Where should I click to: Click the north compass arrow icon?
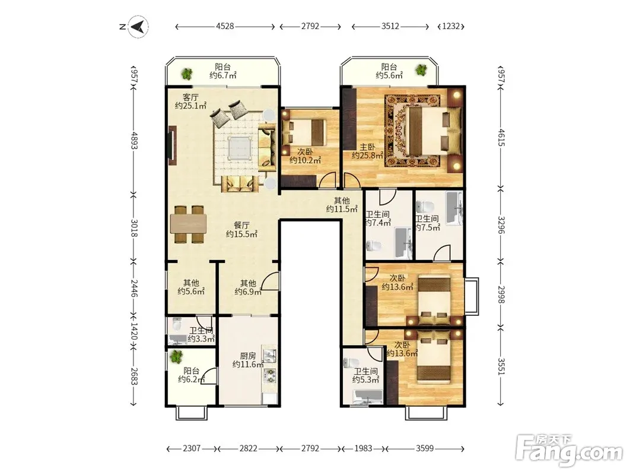point(138,27)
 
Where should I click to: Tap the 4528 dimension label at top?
point(225,26)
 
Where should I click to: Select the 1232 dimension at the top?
point(451,26)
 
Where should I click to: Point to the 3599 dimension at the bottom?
point(425,448)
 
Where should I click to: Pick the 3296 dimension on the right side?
point(501,225)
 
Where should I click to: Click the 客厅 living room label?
point(190,97)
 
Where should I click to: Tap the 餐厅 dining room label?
point(241,226)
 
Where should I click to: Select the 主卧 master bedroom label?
point(367,147)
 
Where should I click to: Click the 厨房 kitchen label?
point(248,356)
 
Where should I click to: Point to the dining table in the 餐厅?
point(189,224)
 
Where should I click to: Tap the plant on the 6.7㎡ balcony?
point(186,74)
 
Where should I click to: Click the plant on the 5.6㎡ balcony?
point(421,70)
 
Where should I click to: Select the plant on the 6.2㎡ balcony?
point(176,356)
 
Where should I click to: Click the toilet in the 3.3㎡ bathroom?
point(177,324)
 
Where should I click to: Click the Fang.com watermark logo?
point(570,451)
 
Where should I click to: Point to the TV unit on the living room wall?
point(173,146)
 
